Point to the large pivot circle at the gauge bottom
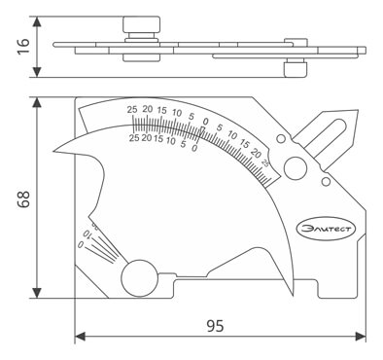tap(140, 276)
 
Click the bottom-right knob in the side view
tap(290, 71)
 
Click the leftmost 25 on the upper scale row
tap(132, 111)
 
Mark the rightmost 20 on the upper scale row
tap(256, 152)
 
